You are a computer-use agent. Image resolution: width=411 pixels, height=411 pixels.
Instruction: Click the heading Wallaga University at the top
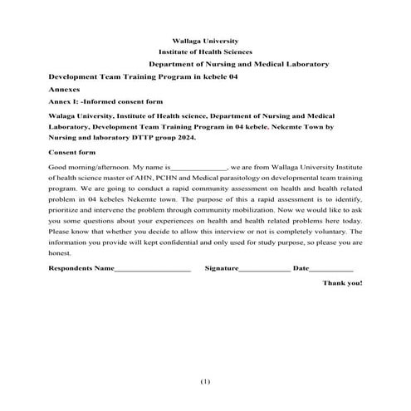click(204, 41)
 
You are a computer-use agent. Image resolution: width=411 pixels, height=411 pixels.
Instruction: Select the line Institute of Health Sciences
click(204, 51)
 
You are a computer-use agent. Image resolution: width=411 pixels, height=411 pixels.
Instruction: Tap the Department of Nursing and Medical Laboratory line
click(238, 64)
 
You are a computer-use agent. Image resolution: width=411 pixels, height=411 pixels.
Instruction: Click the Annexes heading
click(65, 87)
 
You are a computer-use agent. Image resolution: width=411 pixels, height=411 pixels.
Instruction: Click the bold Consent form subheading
click(72, 154)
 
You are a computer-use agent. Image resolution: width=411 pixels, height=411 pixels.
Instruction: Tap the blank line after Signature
click(266, 270)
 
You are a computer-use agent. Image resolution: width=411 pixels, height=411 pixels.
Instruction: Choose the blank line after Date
click(331, 270)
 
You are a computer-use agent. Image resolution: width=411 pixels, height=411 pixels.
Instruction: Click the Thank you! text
click(342, 283)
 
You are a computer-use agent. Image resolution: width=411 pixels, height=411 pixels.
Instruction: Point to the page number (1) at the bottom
click(205, 381)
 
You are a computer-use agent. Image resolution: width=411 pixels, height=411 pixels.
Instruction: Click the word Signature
click(222, 269)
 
